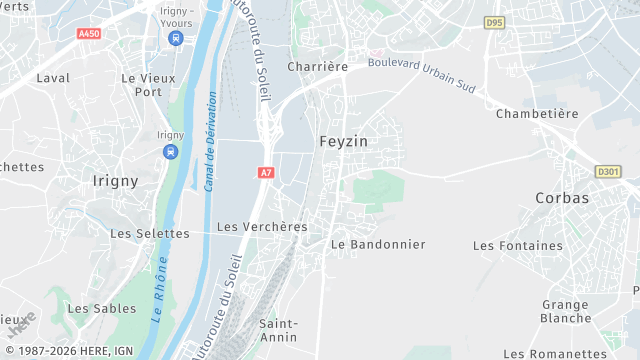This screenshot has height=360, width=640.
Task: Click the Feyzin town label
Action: point(343,141)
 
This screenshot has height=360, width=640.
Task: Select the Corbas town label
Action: point(562,197)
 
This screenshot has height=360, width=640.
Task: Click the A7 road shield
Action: point(265,173)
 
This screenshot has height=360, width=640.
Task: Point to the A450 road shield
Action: point(89,33)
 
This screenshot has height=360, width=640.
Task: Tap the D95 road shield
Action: point(494,21)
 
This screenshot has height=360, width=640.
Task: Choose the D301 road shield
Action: point(608,171)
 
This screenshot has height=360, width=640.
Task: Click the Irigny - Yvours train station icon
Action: point(176,38)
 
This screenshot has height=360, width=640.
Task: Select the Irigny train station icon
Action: point(170,152)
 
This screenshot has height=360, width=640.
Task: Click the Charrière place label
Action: point(317,66)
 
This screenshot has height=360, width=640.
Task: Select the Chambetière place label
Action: point(537,113)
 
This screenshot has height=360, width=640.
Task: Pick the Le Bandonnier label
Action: point(378,244)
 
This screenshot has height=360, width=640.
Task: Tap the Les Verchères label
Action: point(262,226)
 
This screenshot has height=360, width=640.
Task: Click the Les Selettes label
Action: point(149,233)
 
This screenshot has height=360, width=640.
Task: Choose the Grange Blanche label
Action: point(566,311)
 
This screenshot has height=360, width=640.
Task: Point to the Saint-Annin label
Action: point(278,330)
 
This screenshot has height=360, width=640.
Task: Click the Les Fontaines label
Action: point(518,245)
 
